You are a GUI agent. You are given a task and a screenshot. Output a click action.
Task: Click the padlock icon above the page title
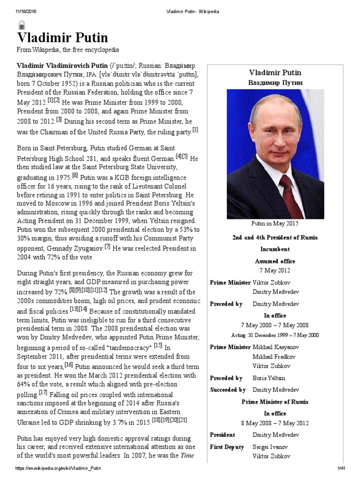22,25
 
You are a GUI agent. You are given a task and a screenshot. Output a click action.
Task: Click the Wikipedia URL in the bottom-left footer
59,468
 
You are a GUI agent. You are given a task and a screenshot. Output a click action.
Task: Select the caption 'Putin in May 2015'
275,225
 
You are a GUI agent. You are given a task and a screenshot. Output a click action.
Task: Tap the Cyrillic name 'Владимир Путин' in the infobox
275,82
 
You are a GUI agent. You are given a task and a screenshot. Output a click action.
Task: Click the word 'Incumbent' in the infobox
275,249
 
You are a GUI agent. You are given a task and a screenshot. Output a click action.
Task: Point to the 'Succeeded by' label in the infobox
228,390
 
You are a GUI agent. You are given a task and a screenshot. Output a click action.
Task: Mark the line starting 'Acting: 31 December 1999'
275,335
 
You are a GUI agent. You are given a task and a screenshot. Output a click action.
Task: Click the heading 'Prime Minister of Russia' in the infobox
275,402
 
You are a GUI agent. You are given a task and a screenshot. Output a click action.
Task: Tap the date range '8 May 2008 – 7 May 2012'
275,423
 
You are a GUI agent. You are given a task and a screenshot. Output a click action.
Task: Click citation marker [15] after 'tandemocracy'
158,345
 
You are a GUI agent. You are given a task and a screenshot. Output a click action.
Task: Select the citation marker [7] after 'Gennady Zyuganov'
107,246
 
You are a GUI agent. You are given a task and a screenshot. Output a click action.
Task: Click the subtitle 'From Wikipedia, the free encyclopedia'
68,50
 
